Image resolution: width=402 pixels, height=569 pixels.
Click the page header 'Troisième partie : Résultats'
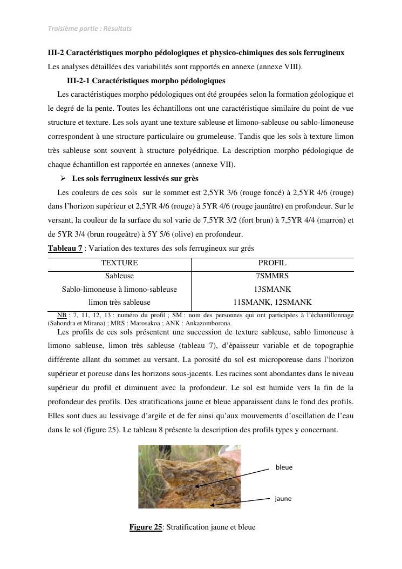[x=90, y=28]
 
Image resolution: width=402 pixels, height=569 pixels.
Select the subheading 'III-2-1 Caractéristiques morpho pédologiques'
[x=146, y=81]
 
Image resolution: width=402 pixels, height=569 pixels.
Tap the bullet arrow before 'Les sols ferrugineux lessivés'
[x=63, y=178]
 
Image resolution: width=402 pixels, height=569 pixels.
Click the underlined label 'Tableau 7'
[x=65, y=249]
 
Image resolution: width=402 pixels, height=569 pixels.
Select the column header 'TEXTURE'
[x=119, y=263]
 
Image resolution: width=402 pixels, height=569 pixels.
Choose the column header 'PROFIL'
[x=272, y=263]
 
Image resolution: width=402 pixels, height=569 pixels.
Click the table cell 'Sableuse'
[x=119, y=276]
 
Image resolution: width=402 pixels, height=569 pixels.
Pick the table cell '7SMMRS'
[x=272, y=276]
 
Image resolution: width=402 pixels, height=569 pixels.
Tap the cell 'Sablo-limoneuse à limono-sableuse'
[x=119, y=289]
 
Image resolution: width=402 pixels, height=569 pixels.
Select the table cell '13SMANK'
[x=272, y=289]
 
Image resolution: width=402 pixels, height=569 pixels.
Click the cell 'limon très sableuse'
[x=119, y=302]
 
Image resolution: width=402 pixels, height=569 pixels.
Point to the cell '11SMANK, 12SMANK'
[x=272, y=302]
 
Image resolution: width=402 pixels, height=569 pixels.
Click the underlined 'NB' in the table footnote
[x=62, y=315]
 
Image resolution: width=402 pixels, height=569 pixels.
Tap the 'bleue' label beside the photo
[x=284, y=467]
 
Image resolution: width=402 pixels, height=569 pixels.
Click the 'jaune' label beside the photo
[x=283, y=499]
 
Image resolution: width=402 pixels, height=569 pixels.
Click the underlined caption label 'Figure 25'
[x=146, y=527]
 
